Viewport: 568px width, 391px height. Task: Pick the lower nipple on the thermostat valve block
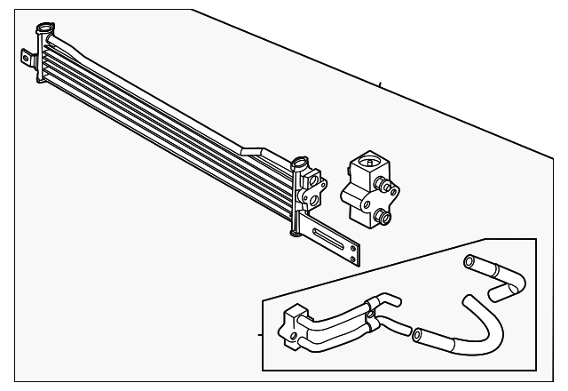[x=384, y=215]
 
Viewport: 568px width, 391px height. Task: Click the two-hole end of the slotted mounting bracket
[x=354, y=255]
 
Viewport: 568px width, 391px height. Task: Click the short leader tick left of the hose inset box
[x=259, y=335]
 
